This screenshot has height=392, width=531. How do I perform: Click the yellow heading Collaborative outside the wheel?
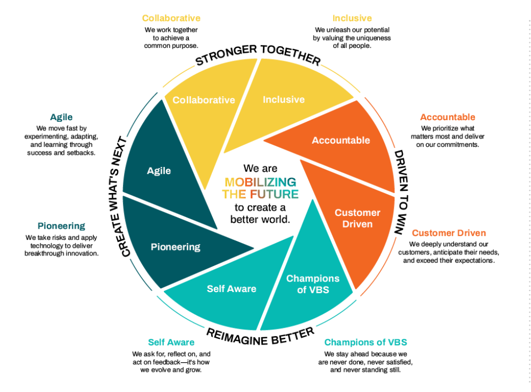point(171,19)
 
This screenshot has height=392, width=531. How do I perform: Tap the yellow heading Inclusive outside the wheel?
point(352,19)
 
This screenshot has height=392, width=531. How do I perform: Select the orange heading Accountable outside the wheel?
point(447,117)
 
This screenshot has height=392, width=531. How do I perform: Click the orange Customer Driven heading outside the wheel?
point(449,233)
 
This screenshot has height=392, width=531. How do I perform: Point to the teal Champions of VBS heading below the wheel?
point(366,342)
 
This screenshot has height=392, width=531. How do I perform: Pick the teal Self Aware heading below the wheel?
point(171,342)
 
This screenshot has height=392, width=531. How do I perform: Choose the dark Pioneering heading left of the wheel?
point(61,226)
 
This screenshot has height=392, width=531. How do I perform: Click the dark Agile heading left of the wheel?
point(61,117)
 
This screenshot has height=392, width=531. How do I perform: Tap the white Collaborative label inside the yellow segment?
point(204,100)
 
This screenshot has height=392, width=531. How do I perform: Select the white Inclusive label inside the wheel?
point(284,99)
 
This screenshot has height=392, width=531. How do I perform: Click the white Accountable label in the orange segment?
point(341,140)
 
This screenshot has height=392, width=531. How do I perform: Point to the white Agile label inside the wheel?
point(159,171)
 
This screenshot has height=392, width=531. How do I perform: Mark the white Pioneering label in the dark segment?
point(176,247)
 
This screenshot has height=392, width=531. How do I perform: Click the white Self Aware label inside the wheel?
point(231,289)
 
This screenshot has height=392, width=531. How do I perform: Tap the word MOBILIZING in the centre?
point(260,182)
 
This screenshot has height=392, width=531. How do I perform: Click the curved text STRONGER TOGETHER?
point(258,54)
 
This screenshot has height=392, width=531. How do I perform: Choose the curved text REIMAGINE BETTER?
point(260,336)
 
